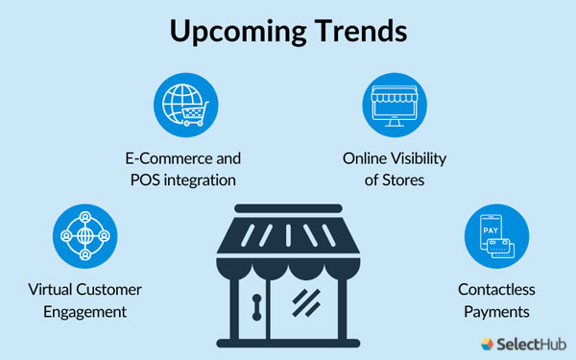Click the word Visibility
(x=416, y=158)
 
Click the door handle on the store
(x=256, y=306)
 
